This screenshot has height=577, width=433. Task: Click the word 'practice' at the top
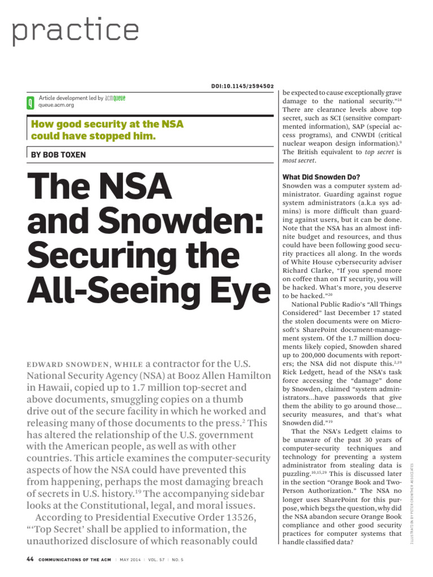tap(76, 32)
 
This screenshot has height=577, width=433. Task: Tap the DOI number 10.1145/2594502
tap(244, 86)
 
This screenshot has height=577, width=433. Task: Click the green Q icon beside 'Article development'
tap(30, 102)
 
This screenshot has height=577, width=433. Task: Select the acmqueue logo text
tap(116, 98)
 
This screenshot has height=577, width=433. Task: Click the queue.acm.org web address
tap(56, 105)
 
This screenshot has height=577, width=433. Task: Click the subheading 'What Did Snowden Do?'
tap(321, 177)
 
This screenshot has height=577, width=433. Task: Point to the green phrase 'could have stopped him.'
tap(93, 136)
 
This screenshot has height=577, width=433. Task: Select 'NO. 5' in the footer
tap(178, 560)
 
